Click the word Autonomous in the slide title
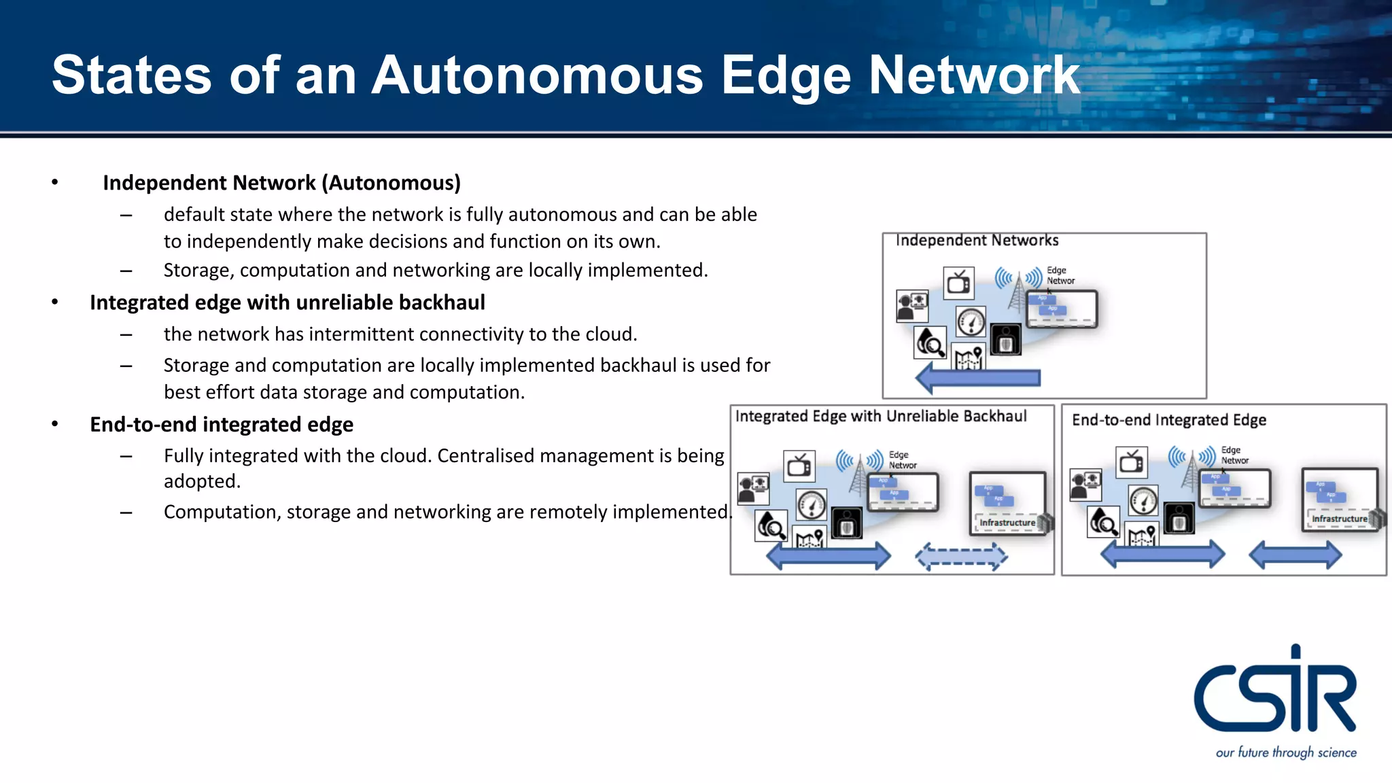point(537,75)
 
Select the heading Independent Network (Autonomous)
point(281,183)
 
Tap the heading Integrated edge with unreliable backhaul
point(287,302)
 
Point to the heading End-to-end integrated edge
point(222,425)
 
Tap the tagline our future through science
point(1286,752)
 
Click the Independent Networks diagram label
point(977,241)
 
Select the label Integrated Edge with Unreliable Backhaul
point(880,417)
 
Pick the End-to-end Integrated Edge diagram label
point(1169,420)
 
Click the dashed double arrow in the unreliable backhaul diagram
point(961,557)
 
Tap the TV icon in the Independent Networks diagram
point(958,283)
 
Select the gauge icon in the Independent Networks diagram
point(971,321)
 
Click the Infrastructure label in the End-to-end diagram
point(1339,519)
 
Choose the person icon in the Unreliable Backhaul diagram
point(753,488)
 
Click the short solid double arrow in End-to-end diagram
point(1295,555)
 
